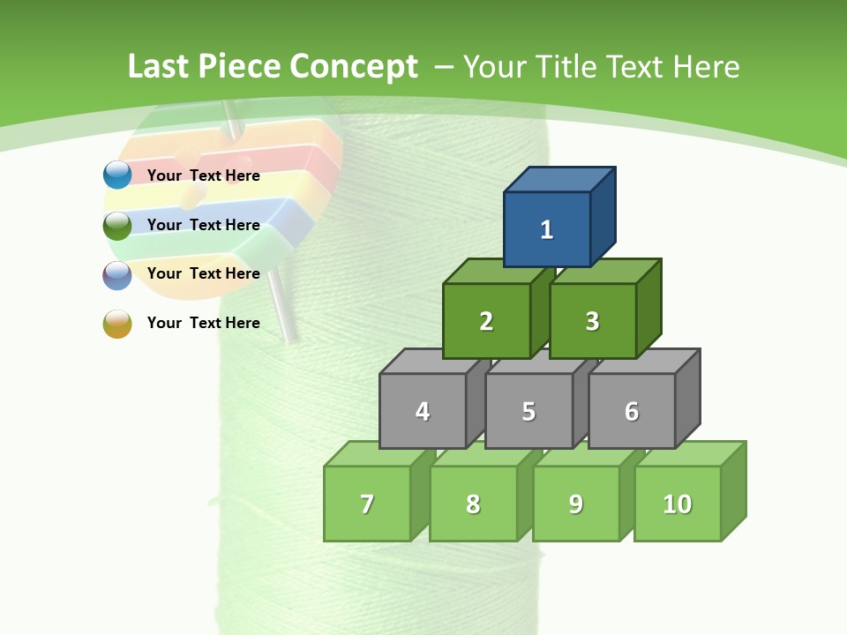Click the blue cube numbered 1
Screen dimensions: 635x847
coord(547,229)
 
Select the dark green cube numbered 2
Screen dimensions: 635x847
coord(486,321)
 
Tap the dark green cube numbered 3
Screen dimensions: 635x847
coord(592,321)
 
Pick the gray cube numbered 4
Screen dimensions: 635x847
coord(423,411)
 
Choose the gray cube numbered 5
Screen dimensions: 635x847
coord(528,411)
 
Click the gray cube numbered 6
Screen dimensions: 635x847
coord(632,411)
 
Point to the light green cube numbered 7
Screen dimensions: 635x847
coord(367,504)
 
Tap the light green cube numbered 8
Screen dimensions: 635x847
coord(473,504)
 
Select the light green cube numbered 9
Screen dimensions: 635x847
coord(576,504)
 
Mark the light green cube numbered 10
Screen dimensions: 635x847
coord(678,504)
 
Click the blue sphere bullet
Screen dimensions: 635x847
coord(117,176)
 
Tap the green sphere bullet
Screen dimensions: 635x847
coord(117,225)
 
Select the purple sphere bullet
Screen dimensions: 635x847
coord(117,274)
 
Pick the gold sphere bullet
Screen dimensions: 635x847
coord(117,323)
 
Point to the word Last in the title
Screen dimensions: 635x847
coord(159,67)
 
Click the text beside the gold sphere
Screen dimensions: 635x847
coord(204,323)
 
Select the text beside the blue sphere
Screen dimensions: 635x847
coord(204,176)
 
